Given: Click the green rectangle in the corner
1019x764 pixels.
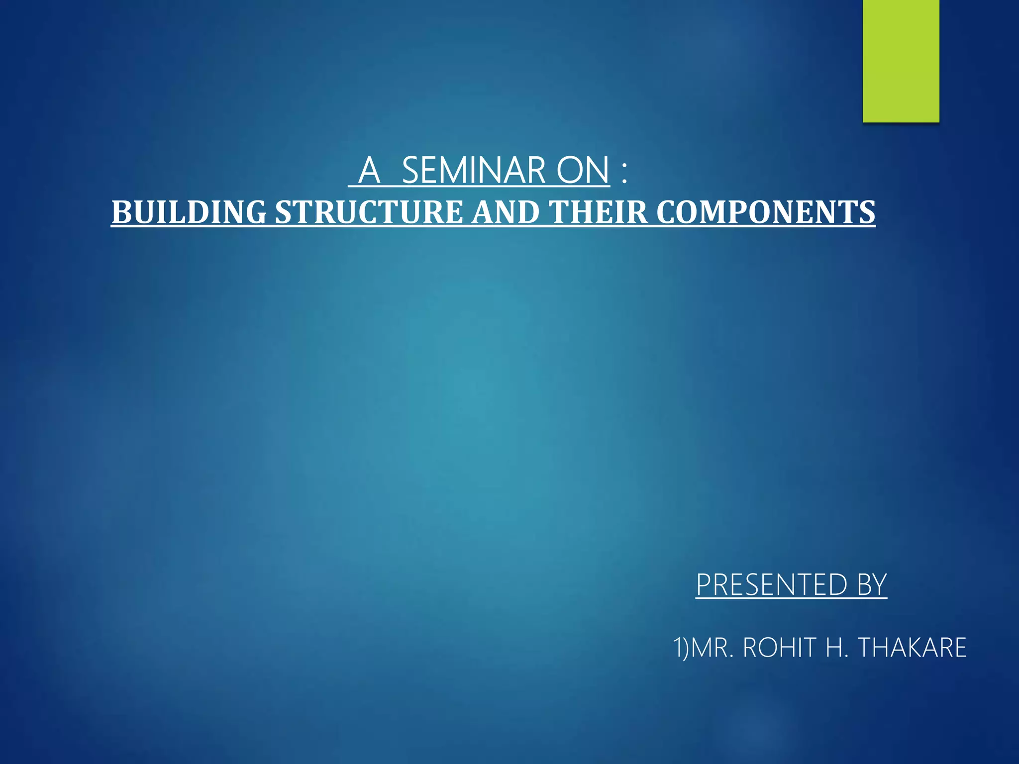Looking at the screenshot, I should (901, 61).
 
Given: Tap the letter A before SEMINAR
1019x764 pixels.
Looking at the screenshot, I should (370, 170).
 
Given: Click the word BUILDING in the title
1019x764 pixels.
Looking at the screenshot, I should (189, 212).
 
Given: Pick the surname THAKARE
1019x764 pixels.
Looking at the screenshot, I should (913, 648).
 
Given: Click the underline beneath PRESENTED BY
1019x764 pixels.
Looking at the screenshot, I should (791, 599).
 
